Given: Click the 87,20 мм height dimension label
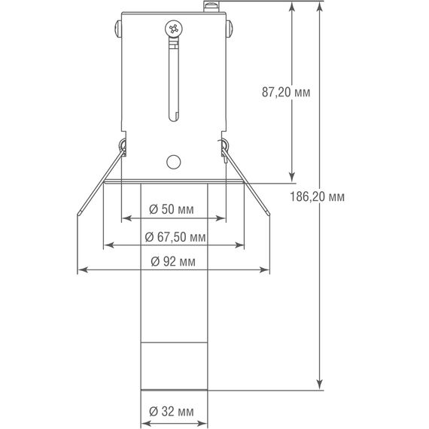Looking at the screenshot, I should click(x=287, y=93).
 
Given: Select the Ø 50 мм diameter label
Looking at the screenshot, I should click(x=173, y=208).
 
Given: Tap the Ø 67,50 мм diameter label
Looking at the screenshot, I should click(x=175, y=236).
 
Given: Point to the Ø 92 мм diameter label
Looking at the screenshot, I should click(x=173, y=261).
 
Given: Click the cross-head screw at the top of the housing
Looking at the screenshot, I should click(x=174, y=29).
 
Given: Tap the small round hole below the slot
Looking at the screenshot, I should click(x=173, y=160).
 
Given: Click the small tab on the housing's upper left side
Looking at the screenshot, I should click(x=118, y=31).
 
